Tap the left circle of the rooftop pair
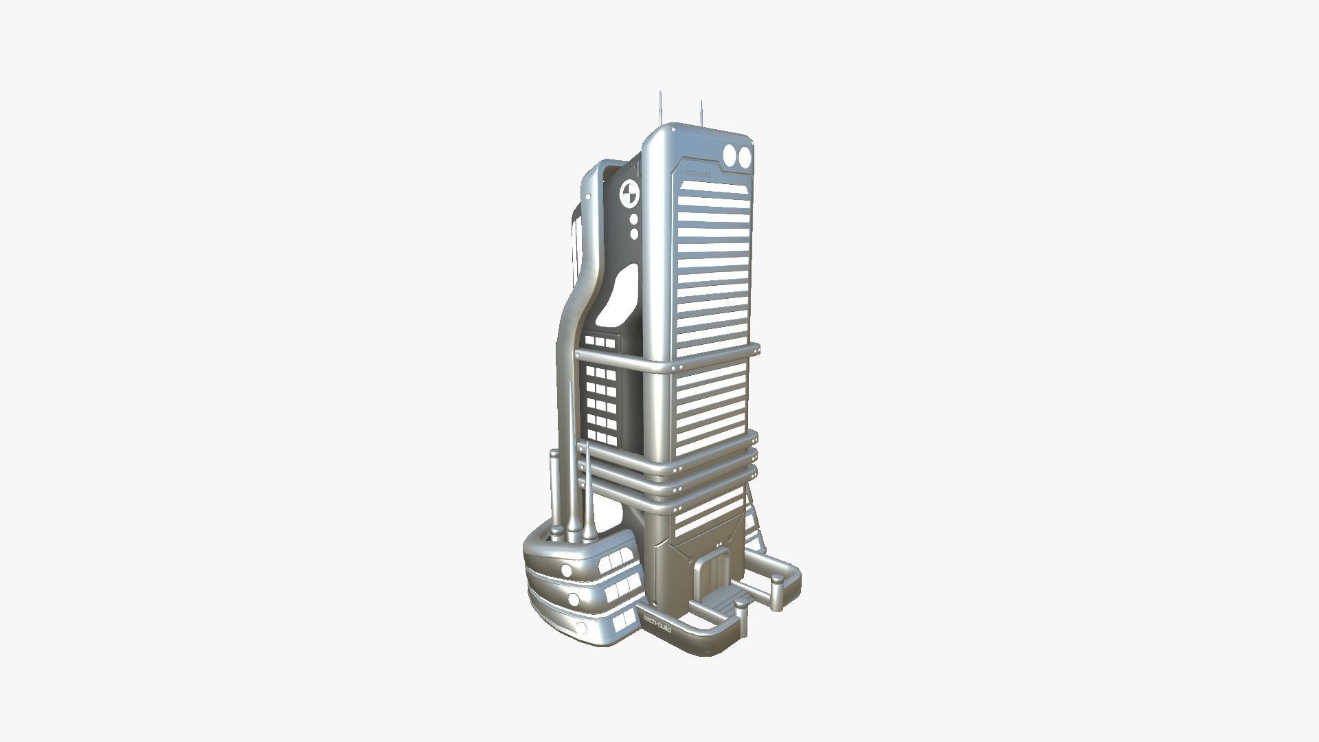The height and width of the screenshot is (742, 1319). [x=730, y=156]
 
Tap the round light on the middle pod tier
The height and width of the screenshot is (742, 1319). [x=573, y=599]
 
